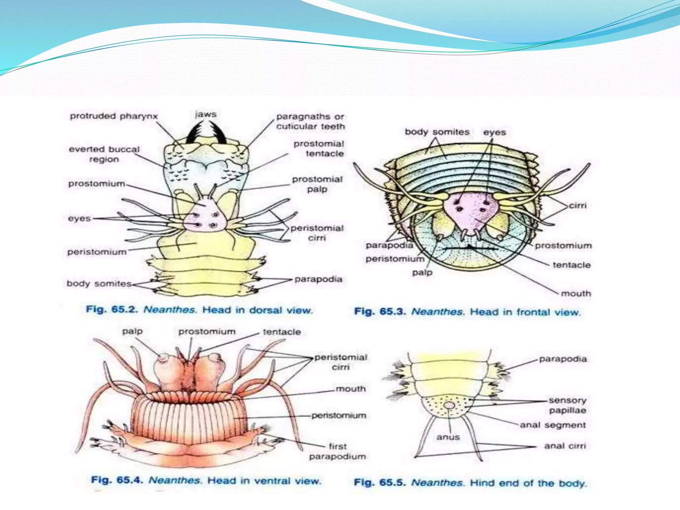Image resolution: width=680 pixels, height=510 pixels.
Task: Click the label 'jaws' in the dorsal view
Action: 206,115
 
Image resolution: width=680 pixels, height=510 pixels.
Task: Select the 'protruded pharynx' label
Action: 114,116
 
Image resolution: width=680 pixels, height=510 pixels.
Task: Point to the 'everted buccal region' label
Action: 104,154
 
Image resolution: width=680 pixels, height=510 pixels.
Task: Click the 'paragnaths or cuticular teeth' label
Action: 310,122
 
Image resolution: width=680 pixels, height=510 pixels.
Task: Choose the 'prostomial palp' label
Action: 317,184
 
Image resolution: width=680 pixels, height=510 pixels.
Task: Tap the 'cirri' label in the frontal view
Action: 578,206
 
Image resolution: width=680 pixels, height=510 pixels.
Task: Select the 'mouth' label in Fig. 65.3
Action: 576,294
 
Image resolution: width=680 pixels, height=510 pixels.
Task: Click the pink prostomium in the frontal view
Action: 471,209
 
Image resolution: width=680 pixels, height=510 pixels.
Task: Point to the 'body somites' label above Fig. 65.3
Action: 437,132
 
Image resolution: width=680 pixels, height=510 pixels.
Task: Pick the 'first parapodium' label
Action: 337,452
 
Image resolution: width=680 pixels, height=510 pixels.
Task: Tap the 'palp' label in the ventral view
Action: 132,331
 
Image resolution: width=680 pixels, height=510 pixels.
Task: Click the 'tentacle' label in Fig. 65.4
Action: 282,332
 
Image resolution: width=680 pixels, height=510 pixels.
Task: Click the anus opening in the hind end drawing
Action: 449,405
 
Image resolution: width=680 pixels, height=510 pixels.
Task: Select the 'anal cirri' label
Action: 565,446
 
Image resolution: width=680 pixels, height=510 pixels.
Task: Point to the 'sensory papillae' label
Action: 567,405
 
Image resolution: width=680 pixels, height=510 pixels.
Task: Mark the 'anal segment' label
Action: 552,425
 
